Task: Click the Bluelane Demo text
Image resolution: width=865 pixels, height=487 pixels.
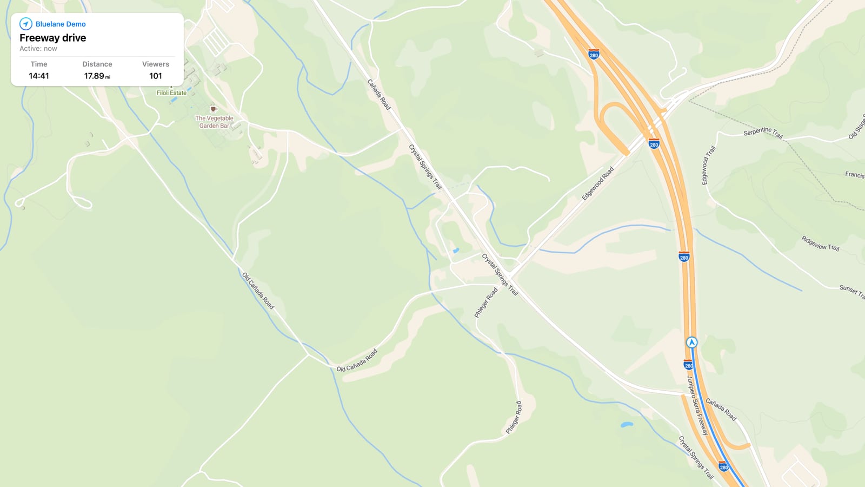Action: [61, 24]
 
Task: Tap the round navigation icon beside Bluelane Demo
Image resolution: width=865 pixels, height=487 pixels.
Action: [25, 24]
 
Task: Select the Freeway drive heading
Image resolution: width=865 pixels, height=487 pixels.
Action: [52, 38]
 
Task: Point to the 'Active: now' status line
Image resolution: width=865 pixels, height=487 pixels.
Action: [38, 49]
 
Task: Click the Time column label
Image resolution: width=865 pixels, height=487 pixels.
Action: [39, 64]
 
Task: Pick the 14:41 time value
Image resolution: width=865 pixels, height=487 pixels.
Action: [39, 76]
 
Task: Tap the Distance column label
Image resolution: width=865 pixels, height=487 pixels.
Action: [97, 64]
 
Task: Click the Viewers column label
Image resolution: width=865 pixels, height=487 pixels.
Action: [156, 64]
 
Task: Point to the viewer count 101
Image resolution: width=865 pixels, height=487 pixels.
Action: [156, 76]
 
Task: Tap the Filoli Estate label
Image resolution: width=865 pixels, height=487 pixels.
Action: [171, 93]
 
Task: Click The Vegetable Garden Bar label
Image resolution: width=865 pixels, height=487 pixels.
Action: [214, 122]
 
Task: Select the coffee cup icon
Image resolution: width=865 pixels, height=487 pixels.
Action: [214, 109]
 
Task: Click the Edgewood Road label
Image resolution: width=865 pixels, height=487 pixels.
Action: [597, 183]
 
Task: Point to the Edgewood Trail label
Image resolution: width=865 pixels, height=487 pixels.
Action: [708, 165]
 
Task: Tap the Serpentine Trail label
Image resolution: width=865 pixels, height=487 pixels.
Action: [763, 132]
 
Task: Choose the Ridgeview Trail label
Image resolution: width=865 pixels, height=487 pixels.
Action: [820, 243]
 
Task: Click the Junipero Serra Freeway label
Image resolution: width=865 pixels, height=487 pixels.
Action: [697, 405]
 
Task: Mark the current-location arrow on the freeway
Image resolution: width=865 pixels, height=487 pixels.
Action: [691, 343]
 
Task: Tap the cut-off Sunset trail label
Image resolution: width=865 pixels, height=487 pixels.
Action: [851, 291]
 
